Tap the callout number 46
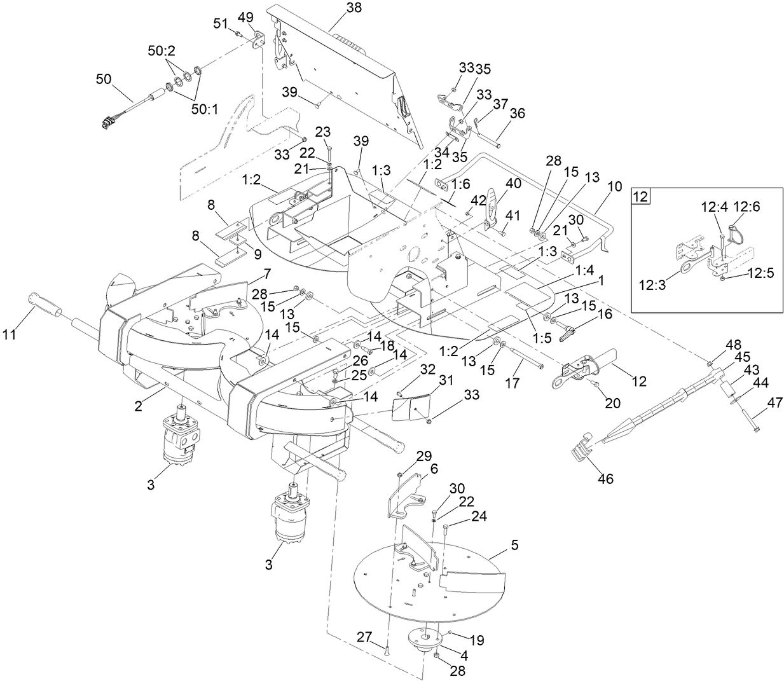click(605, 479)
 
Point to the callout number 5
click(514, 545)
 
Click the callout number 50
click(104, 79)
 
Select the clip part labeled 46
click(581, 449)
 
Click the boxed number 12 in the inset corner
click(640, 196)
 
